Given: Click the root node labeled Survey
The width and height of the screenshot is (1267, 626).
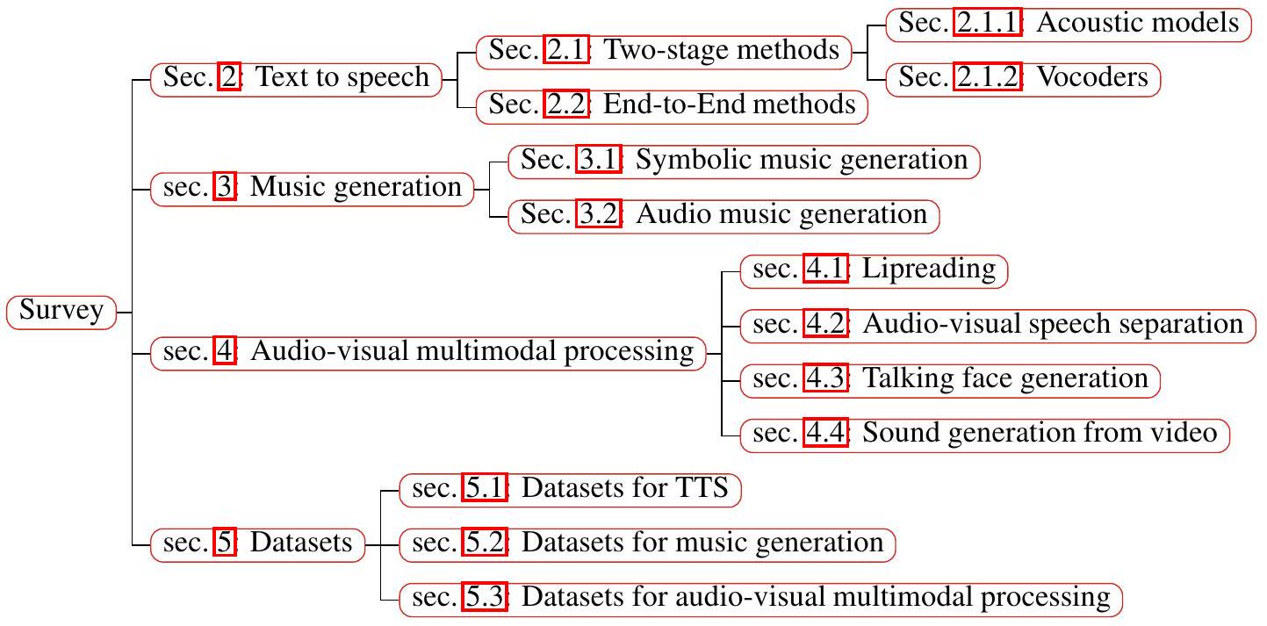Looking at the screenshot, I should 61,312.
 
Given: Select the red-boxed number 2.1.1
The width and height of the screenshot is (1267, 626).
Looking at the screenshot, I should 988,24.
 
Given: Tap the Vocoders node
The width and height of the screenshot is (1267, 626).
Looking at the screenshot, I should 1023,78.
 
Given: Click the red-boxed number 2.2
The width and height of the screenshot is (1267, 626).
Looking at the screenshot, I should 565,105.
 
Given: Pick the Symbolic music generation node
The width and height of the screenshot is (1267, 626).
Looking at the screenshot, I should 744,161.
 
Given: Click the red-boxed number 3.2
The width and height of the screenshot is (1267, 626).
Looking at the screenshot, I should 598,215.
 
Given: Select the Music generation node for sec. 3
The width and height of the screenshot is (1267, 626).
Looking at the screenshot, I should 312,188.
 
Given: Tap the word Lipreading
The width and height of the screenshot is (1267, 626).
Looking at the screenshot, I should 929,270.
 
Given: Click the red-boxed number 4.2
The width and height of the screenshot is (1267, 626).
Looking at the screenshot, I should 826,325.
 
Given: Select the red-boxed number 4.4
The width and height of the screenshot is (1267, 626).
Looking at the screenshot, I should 826,434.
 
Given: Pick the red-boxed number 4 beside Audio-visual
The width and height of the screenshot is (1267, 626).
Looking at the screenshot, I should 225,352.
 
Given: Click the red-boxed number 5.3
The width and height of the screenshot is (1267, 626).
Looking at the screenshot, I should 485,598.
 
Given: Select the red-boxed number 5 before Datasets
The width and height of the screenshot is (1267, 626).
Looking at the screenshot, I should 225,543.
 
